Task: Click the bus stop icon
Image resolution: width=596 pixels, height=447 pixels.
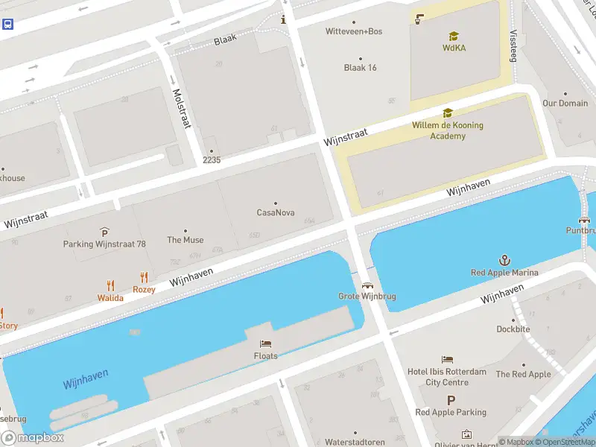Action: point(7,24)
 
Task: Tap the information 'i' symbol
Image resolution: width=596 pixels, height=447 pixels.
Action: point(283,19)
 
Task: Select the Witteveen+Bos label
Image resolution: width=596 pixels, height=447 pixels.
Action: point(354,31)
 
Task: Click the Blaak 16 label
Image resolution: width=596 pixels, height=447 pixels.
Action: point(360,68)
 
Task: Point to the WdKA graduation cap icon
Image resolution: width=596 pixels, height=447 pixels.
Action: point(454,36)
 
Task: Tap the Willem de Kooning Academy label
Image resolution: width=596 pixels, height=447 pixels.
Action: point(448,130)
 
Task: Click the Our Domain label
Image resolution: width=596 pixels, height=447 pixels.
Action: point(565,104)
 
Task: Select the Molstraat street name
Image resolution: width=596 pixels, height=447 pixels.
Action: point(182,109)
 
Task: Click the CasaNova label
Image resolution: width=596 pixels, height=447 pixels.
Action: point(276,212)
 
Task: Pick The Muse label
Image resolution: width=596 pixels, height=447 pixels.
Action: point(186,240)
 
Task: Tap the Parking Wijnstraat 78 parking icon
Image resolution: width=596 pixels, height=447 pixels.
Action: point(104,233)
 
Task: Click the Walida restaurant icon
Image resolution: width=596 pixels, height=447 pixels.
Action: point(110,285)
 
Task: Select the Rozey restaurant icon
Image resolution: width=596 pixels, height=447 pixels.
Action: point(144,277)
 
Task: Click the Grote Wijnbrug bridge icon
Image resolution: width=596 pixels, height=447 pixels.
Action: point(367,285)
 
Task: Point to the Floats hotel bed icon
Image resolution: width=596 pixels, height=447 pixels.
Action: point(265,343)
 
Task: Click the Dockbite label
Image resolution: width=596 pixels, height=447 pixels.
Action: point(513,329)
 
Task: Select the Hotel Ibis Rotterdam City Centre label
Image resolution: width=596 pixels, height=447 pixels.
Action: point(447,377)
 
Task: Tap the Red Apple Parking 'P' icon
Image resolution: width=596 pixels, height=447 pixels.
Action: point(451,400)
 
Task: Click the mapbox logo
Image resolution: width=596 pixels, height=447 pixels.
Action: point(32,438)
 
